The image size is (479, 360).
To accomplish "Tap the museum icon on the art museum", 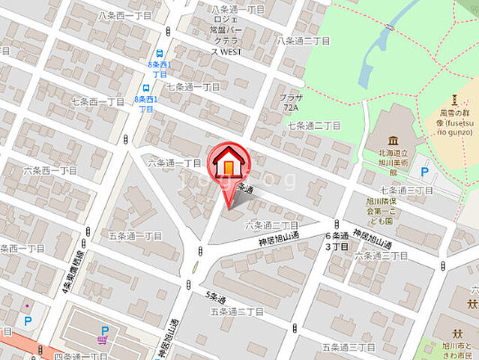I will [393, 140].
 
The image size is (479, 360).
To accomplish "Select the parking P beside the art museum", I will [425, 172].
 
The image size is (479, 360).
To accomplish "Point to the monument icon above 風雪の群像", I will [454, 100].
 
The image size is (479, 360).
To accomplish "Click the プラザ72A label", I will [291, 103].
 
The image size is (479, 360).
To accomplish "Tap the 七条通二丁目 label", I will [314, 125].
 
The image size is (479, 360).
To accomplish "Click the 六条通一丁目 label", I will [174, 162].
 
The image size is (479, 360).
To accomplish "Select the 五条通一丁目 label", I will [135, 235].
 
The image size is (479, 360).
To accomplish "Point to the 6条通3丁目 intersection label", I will [337, 241].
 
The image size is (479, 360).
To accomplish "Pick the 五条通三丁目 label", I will [349, 347].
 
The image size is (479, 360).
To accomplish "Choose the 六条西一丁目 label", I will [50, 170].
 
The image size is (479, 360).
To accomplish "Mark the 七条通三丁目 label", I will [406, 190].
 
